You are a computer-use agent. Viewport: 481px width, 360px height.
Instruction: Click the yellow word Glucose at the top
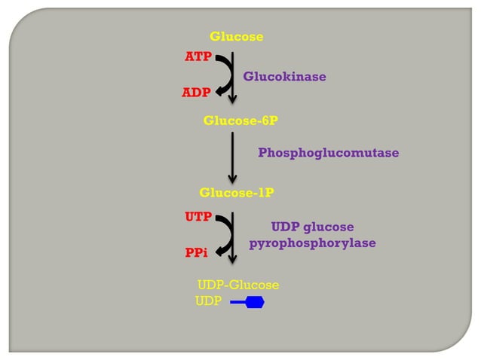coord(236,36)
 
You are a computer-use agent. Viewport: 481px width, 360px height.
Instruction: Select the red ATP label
coord(198,57)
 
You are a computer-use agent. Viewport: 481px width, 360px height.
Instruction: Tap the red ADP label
coord(196,93)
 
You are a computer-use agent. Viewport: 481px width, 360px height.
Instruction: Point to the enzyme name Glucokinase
coord(284,76)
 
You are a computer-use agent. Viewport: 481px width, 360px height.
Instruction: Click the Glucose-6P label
coord(235,120)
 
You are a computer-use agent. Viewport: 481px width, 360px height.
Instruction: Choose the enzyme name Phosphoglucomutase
coord(328,153)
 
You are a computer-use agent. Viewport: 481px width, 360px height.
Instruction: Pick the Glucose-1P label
coord(236,193)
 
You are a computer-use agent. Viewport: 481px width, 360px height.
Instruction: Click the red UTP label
coord(198,217)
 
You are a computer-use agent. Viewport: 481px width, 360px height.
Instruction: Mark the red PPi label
coord(196,254)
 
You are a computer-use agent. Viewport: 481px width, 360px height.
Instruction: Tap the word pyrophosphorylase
coord(312,243)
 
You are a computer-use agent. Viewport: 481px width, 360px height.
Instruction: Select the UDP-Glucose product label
coord(238,285)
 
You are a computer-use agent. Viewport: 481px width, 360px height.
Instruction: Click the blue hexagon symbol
coord(255,303)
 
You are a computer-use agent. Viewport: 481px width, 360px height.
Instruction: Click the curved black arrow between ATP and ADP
coord(224,75)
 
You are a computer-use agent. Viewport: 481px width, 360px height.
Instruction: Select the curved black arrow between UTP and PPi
coord(224,234)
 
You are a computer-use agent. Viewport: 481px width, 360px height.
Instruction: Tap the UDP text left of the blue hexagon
coord(208,302)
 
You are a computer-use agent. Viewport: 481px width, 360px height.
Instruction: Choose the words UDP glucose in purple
coord(312,227)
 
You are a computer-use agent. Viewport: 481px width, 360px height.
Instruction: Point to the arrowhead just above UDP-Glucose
coord(233,258)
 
